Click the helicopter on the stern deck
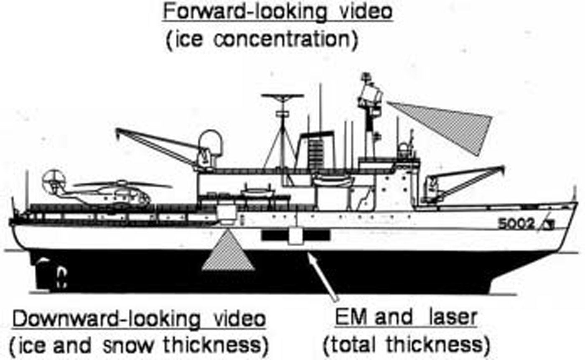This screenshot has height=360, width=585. coord(104,193)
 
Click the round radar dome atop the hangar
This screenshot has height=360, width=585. coord(210,144)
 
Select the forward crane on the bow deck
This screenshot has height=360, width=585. coord(464,182)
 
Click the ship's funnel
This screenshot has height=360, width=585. coord(318,151)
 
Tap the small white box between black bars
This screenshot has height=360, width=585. coord(295,235)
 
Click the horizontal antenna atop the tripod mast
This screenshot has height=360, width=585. coord(282,97)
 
